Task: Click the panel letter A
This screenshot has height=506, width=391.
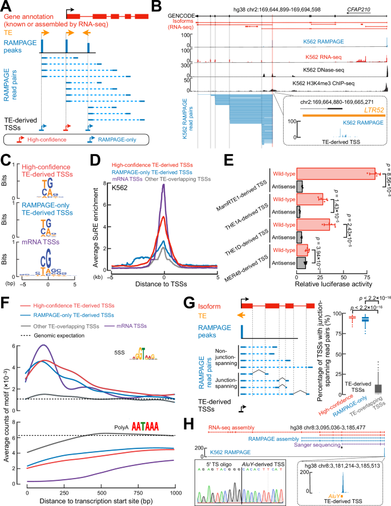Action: pos(5,5)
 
